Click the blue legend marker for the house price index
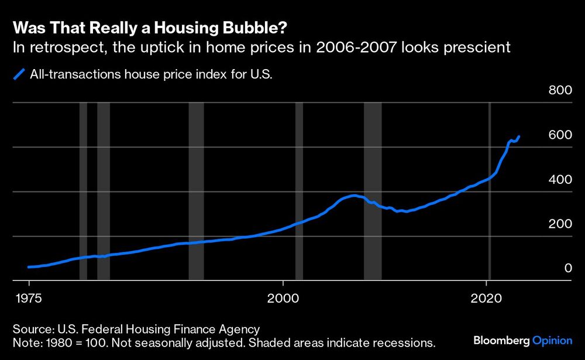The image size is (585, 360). click(x=20, y=74)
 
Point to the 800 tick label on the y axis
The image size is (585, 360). click(x=559, y=91)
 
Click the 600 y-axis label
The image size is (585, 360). click(x=559, y=135)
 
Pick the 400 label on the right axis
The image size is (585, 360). click(x=559, y=180)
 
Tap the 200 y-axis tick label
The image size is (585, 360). click(x=559, y=224)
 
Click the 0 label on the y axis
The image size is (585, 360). click(x=566, y=269)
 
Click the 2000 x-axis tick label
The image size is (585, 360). click(x=283, y=297)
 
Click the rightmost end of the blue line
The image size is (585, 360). click(x=519, y=136)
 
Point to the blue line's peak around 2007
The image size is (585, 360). click(x=353, y=196)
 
